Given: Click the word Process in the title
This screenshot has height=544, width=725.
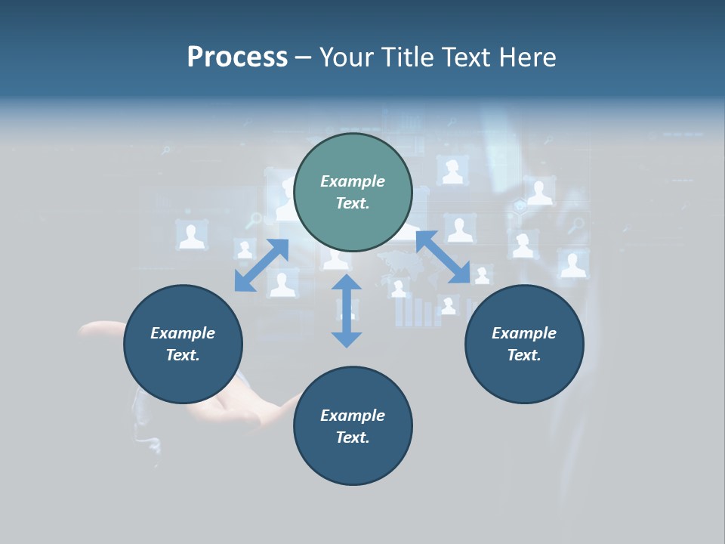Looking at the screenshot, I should click(x=237, y=57).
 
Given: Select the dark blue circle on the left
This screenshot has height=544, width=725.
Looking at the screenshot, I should click(x=183, y=370).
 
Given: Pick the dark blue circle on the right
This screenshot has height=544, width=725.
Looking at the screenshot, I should click(x=524, y=370).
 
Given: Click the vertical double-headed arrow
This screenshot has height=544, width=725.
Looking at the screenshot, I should click(x=347, y=311).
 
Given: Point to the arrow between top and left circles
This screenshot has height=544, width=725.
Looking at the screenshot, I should click(x=261, y=265).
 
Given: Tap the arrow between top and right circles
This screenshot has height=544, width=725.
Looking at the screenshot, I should click(x=443, y=257).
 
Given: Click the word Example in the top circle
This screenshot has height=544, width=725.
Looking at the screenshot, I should click(x=353, y=181).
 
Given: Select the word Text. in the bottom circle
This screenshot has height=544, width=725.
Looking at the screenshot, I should click(x=353, y=437).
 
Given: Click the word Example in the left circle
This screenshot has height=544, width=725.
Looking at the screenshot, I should click(x=183, y=333).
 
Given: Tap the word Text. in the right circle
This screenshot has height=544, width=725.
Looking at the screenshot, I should click(x=524, y=355).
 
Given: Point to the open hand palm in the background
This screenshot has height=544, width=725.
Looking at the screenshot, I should click(x=227, y=408).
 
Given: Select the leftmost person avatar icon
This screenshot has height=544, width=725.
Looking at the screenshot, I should click(x=192, y=235).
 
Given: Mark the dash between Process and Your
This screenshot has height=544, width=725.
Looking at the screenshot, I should click(x=303, y=58).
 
